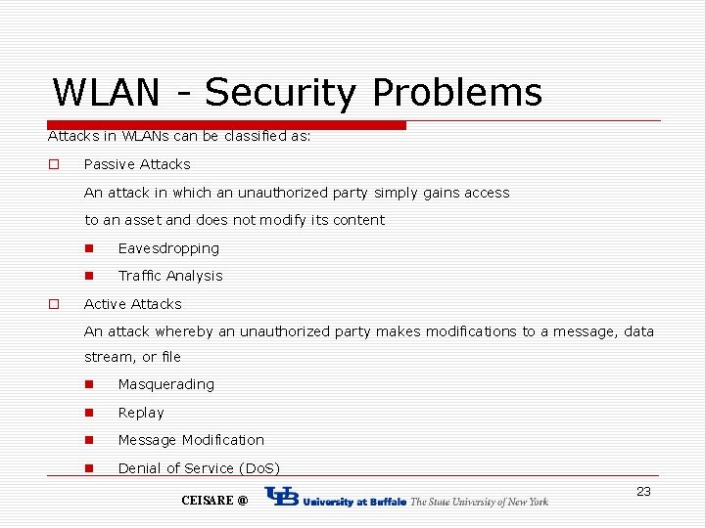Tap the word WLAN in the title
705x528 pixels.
[x=106, y=93]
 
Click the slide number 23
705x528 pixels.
[x=643, y=492]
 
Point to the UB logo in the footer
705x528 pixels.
[x=282, y=498]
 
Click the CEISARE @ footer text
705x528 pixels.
[x=214, y=501]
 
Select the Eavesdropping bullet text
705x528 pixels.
[x=168, y=248]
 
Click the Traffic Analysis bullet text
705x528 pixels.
[x=170, y=276]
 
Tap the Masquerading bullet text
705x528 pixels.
[x=165, y=384]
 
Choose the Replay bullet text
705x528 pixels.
[x=141, y=413]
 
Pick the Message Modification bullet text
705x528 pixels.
[x=191, y=440]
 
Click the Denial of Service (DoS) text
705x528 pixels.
[x=199, y=468]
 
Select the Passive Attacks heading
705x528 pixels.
[x=137, y=164]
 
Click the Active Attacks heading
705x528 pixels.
[x=133, y=304]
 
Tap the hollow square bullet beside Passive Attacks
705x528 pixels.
[x=55, y=164]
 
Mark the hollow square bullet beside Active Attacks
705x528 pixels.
[x=55, y=304]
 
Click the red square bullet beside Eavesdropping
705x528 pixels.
[x=89, y=248]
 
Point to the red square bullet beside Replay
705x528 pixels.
[x=89, y=413]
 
